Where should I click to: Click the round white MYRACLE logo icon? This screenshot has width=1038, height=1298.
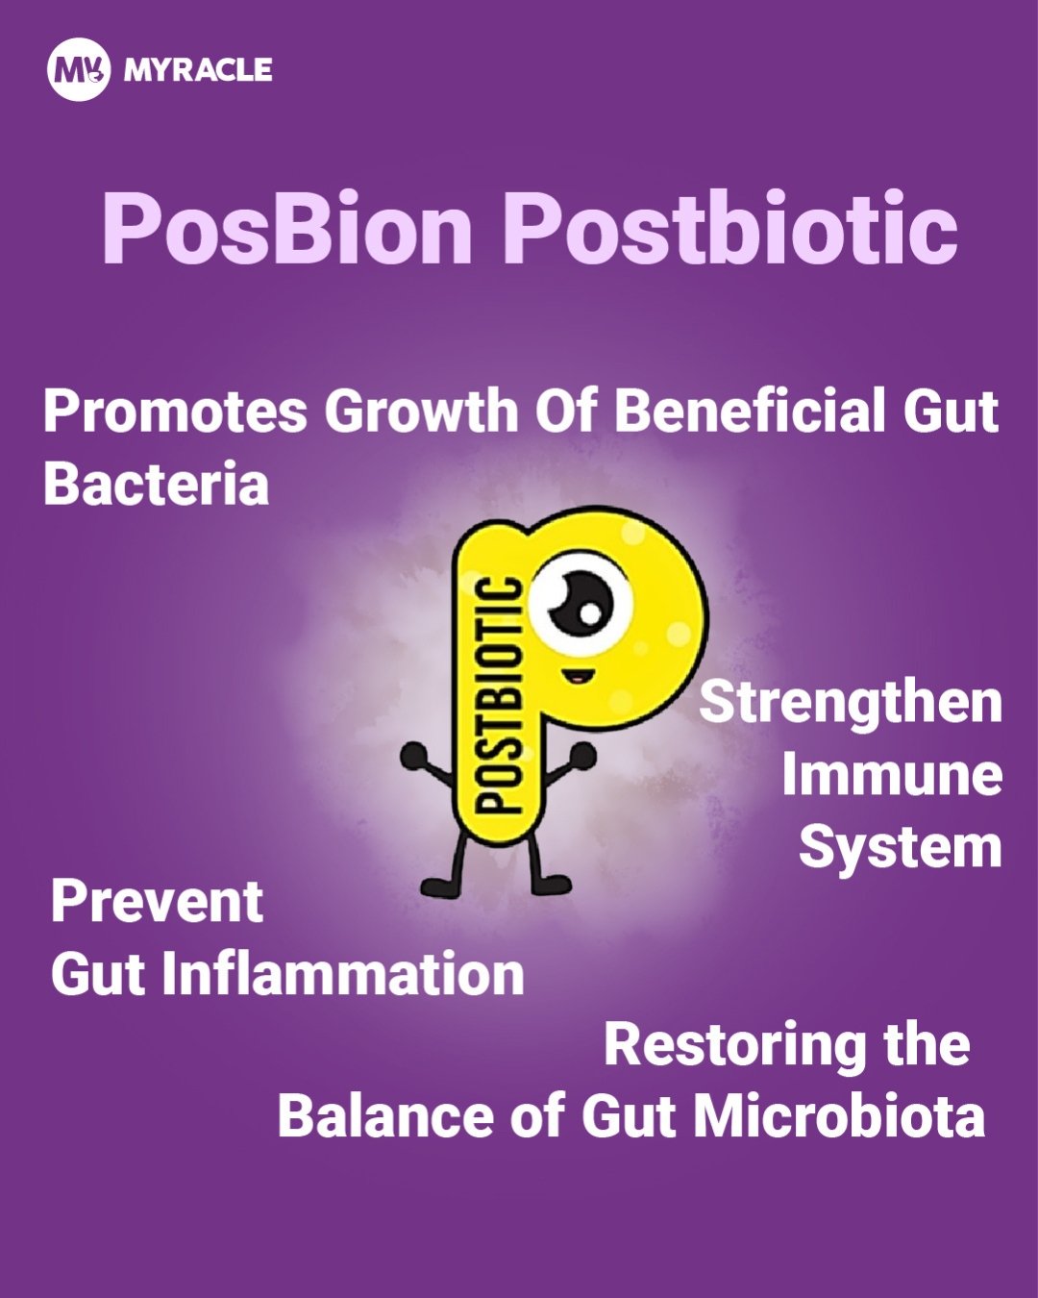click(79, 69)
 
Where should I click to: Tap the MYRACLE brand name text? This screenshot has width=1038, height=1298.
click(198, 70)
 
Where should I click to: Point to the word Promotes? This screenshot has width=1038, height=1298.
click(176, 411)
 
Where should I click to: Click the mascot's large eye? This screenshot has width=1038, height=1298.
click(581, 604)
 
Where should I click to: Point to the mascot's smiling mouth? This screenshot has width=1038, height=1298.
click(578, 676)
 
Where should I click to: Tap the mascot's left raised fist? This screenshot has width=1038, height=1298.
click(415, 756)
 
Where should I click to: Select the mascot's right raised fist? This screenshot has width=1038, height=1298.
click(582, 755)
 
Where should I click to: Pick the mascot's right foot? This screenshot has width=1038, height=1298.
click(552, 885)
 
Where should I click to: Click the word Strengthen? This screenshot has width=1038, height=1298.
click(851, 704)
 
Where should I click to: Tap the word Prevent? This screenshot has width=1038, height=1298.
click(157, 902)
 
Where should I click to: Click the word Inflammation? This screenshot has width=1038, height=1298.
click(343, 974)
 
